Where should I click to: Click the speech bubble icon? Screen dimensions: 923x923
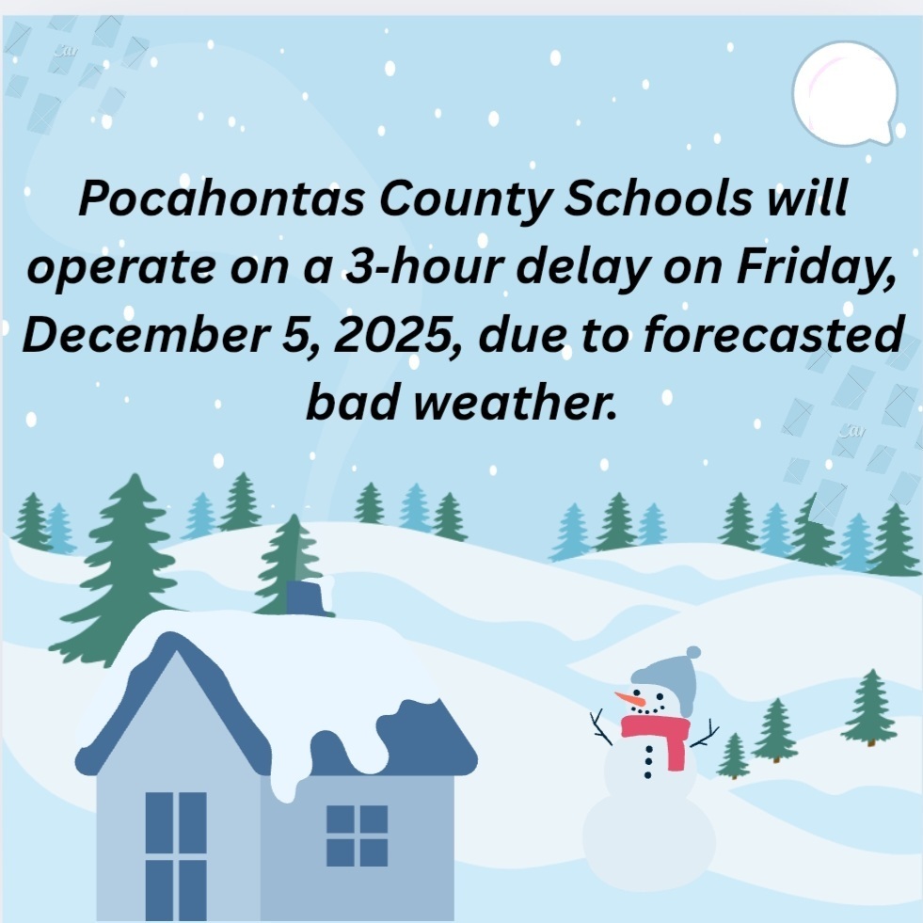[844, 93]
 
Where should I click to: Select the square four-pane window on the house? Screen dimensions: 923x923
[357, 835]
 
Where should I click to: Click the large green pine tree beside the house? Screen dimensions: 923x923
[122, 565]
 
